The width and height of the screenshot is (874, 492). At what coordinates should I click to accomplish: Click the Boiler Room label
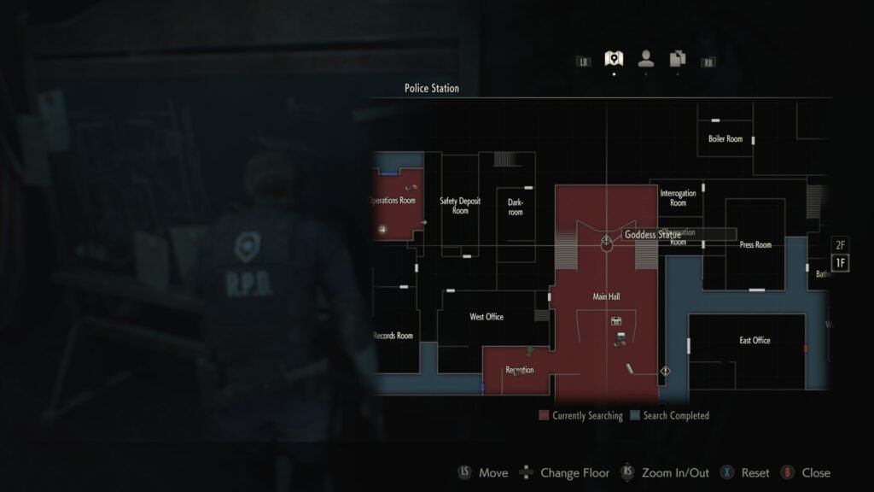coord(725,138)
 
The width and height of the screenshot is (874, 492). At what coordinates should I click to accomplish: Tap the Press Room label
coord(755,245)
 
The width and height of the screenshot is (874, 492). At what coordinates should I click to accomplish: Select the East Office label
coord(755,340)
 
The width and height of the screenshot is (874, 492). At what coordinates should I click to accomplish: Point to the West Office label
coord(487,317)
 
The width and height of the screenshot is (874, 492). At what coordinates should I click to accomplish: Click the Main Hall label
coord(606,296)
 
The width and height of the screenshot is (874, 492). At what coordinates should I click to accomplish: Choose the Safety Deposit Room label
coord(460,206)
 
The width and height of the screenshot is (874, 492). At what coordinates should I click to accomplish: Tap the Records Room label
coord(393,336)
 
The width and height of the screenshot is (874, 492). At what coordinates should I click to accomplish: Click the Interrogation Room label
coord(678,198)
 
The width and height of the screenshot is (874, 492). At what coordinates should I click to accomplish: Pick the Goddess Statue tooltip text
coord(653,234)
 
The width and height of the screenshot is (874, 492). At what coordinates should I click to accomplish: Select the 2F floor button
coord(840,245)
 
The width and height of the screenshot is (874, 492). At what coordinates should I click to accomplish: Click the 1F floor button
coord(840,263)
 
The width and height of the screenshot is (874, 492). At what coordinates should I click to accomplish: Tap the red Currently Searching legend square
coord(544,416)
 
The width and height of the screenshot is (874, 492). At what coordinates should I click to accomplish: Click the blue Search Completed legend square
coord(634,416)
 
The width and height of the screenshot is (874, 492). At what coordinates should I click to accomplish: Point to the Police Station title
coord(431,89)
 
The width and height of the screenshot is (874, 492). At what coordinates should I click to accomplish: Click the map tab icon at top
coord(613,59)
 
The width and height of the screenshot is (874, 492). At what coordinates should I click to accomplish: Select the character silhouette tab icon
coord(646,59)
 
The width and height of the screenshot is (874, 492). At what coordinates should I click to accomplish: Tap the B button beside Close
coord(787,472)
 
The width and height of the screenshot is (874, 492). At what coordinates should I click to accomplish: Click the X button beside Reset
coord(727,472)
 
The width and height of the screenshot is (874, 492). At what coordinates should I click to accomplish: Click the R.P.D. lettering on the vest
coord(249,284)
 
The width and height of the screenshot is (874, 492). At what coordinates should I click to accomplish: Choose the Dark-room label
coord(515,207)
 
